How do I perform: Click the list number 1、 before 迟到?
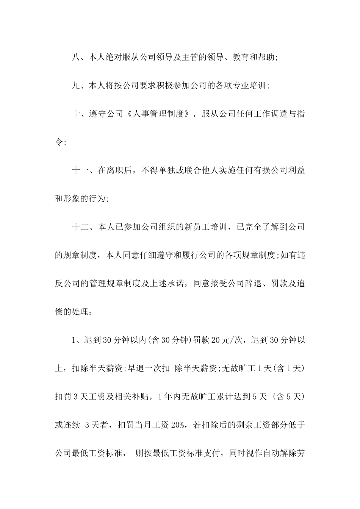[x=76, y=340]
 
